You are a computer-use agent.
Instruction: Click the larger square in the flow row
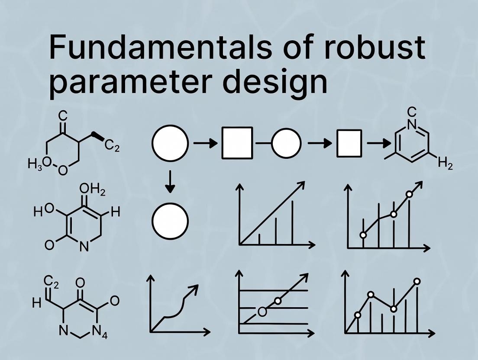point(237,143)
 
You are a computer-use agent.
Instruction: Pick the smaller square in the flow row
point(349,143)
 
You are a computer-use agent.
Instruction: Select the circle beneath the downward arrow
point(170,221)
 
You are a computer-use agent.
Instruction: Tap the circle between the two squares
point(286,143)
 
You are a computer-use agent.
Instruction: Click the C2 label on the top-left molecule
point(112,148)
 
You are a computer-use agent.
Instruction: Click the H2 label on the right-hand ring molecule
point(445,164)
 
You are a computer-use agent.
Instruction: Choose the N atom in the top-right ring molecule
point(412,125)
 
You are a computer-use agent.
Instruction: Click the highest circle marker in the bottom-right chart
point(417,281)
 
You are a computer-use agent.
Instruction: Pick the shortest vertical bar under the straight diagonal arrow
point(259,239)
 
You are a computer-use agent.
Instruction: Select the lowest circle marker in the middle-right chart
point(363,235)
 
